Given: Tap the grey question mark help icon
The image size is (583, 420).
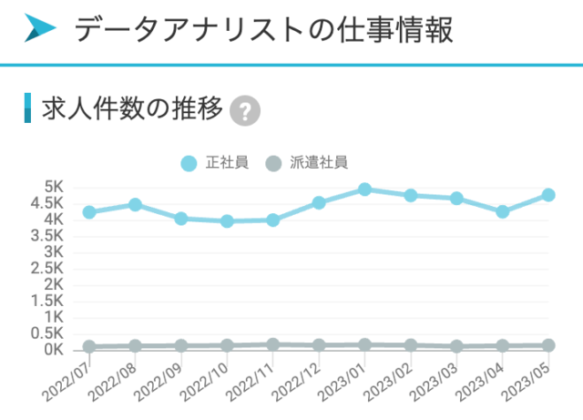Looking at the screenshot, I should (245, 111).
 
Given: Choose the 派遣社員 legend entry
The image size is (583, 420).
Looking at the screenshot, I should (305, 163).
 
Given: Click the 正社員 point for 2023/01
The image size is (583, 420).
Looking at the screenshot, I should (364, 190).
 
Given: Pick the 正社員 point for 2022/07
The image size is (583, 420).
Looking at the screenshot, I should (89, 212).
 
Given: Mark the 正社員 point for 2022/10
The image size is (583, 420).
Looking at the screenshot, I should (227, 220).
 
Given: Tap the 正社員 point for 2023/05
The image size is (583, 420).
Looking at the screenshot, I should (548, 195).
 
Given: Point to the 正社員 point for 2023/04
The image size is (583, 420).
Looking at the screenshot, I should (502, 211).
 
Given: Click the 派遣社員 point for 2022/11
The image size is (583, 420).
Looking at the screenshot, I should (273, 344).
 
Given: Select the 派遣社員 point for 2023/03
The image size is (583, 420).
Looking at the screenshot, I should (456, 346).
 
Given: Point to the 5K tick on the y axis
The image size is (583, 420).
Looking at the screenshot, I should (53, 186).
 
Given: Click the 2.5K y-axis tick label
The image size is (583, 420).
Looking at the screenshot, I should (46, 268).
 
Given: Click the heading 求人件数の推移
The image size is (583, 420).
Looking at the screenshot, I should (132, 109).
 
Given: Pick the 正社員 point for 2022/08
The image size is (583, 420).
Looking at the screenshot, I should (135, 205).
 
